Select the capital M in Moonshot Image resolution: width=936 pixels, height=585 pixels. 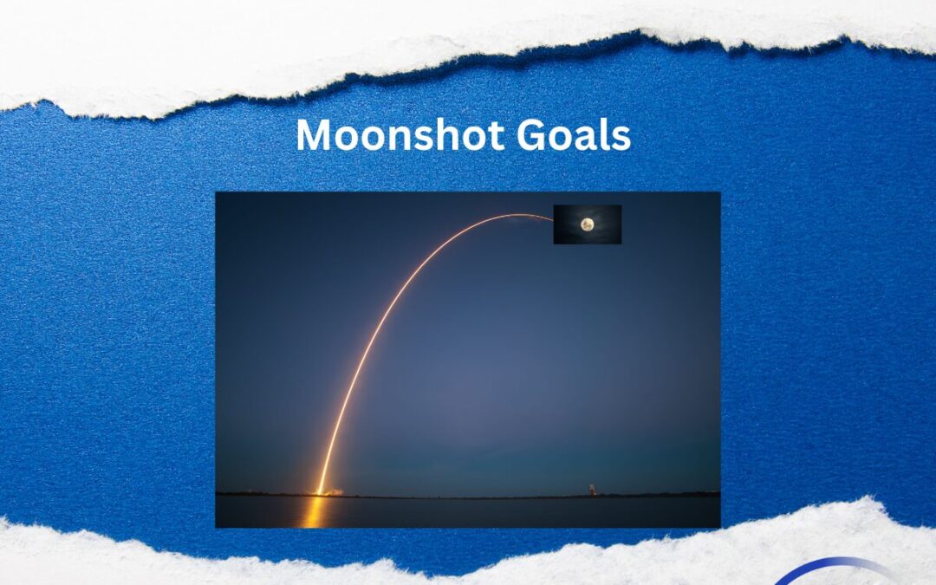click(314, 134)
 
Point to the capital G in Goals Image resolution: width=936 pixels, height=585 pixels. click(530, 134)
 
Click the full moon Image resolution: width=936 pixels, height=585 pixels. click(588, 224)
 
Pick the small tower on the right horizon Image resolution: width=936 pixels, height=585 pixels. click(592, 490)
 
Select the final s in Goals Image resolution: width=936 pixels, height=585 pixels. click(621, 139)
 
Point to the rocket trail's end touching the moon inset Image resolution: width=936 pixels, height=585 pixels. click(553, 220)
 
